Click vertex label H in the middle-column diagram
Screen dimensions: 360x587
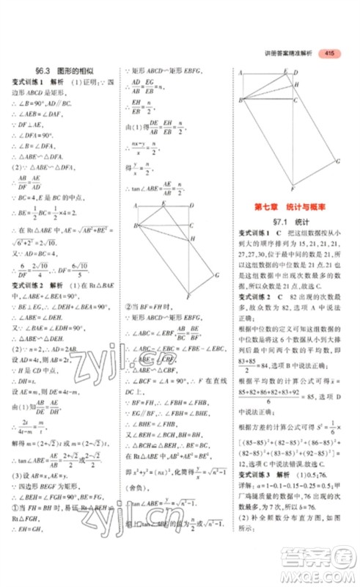[191, 239]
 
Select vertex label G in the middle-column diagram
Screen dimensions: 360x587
[218, 274]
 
